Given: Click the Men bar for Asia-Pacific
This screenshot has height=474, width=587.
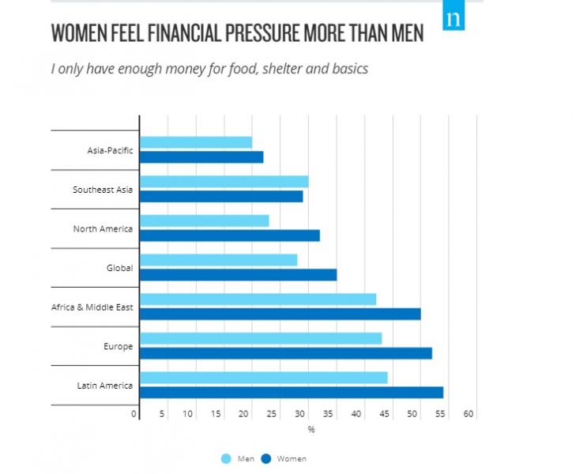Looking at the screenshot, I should (x=196, y=142).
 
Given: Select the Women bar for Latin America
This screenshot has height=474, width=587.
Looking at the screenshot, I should (x=292, y=393).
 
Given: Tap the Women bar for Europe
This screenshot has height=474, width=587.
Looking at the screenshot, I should (x=286, y=353).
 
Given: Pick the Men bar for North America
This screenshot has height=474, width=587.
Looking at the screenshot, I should (x=205, y=220).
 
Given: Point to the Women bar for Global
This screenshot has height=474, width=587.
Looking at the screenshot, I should (x=239, y=275).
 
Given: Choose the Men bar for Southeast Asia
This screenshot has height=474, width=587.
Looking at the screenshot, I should (x=224, y=182).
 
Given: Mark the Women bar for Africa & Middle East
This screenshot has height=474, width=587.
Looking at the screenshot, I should (x=280, y=314).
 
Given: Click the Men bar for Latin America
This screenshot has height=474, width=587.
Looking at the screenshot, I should (x=264, y=378).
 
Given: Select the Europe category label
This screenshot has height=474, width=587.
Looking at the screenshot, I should (x=118, y=347).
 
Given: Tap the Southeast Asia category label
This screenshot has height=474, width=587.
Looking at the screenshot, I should (x=103, y=190).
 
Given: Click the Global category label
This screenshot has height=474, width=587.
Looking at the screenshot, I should (x=119, y=268).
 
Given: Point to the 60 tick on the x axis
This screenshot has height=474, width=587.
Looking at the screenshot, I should (x=468, y=414).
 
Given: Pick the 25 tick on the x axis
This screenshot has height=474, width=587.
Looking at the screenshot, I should (x=272, y=414).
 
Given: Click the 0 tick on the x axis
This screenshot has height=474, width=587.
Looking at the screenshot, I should (x=135, y=414).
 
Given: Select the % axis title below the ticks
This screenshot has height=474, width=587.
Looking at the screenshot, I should (x=311, y=430).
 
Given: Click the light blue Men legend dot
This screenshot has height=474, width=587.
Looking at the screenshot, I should (x=226, y=458).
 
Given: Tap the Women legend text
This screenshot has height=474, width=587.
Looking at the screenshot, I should (x=292, y=458).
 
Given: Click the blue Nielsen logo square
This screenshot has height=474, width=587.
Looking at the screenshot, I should (x=453, y=17).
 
